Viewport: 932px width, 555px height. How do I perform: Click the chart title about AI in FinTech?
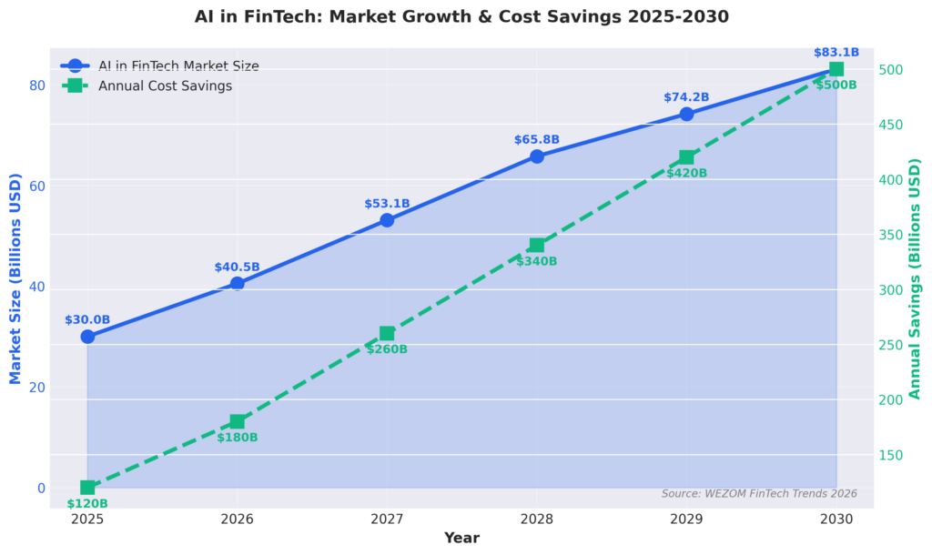click(461, 16)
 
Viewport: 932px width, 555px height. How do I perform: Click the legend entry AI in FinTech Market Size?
click(178, 66)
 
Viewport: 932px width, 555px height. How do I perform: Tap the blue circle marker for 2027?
click(387, 220)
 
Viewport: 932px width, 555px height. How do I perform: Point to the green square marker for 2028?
click(537, 246)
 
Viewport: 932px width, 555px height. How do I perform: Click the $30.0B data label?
click(87, 319)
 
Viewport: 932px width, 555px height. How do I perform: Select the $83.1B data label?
click(836, 52)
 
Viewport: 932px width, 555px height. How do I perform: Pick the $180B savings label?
click(238, 438)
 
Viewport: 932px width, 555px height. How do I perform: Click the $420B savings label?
click(686, 173)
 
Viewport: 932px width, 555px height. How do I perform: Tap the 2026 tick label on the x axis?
click(238, 520)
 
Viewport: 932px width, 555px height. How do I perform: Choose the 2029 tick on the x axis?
click(686, 520)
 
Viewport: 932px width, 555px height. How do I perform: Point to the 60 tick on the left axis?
click(36, 186)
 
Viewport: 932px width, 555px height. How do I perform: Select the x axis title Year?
click(461, 538)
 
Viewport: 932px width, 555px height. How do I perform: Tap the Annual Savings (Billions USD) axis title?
click(916, 278)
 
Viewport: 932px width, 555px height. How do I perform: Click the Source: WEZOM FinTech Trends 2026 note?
click(759, 493)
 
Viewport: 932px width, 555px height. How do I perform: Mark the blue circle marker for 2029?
click(686, 114)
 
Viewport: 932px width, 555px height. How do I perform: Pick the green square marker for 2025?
click(87, 488)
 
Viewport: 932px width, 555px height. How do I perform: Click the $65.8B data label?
click(537, 139)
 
